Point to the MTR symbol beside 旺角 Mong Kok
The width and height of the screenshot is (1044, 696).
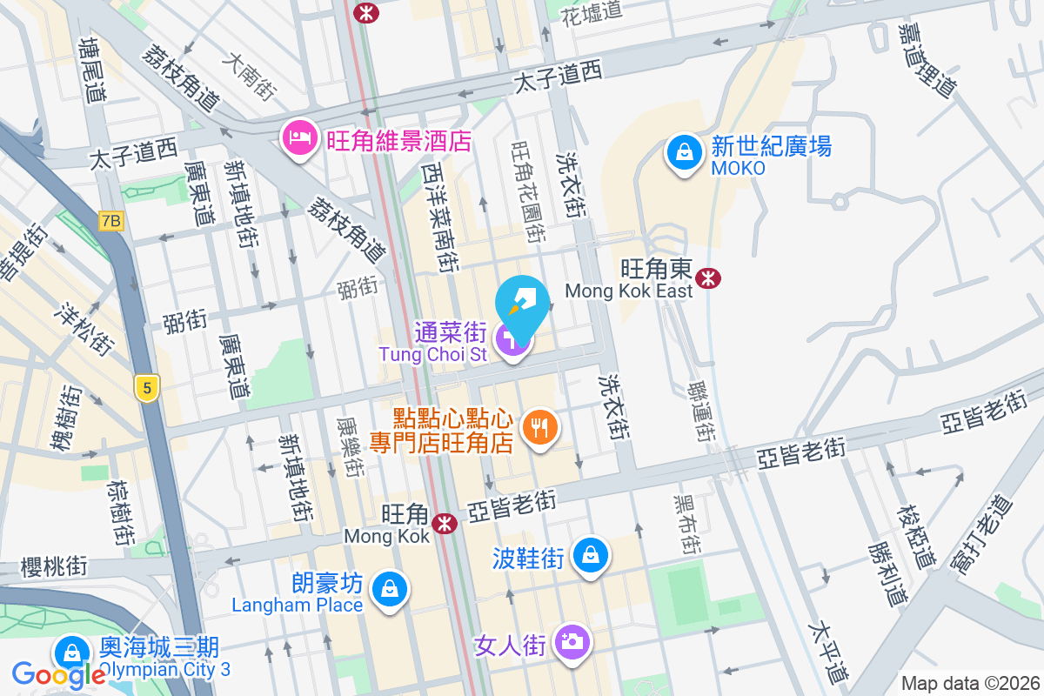[x=445, y=523]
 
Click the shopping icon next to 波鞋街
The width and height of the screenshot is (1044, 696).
[x=591, y=553]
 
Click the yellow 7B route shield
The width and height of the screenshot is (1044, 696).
[x=110, y=221]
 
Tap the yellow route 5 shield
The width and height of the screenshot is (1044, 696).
[x=145, y=387]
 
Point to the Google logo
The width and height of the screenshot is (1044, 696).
[x=59, y=674]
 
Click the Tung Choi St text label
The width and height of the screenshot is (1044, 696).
[x=432, y=355]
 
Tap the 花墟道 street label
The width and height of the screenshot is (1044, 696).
[x=592, y=12]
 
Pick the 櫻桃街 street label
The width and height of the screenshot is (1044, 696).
[x=54, y=567]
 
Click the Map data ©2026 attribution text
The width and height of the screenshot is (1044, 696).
[x=970, y=684]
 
